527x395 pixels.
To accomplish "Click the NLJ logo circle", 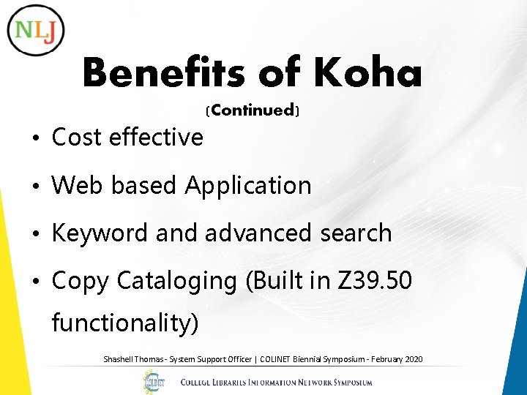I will [x=36, y=29].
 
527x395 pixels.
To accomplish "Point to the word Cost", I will [x=77, y=137].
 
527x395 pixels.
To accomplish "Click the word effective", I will [x=156, y=137].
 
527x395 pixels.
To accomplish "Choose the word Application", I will [x=248, y=186].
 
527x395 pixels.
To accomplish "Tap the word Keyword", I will [x=100, y=233].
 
